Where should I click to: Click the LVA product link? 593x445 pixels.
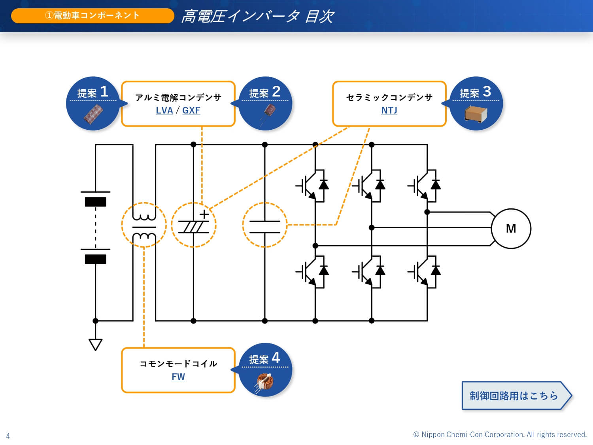tap(164, 110)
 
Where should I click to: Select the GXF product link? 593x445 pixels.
tap(191, 110)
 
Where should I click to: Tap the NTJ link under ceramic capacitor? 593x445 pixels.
tap(389, 110)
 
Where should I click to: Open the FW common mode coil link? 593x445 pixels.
tap(178, 377)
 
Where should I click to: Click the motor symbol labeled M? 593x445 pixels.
tap(511, 229)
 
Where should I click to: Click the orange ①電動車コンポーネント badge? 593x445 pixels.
tap(93, 16)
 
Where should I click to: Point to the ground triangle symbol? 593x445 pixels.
tap(96, 344)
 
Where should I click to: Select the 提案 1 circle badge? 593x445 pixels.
tap(93, 103)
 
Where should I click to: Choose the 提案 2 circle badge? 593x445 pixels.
tap(265, 103)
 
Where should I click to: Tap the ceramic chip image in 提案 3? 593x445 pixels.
tap(476, 114)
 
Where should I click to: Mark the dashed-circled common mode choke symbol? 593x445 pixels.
tap(144, 225)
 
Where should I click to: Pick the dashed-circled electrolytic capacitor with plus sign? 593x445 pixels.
tap(194, 225)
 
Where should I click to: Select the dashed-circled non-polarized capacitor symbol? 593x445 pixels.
tap(264, 225)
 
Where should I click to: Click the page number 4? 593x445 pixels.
tap(8, 436)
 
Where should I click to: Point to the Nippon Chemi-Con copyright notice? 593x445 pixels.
tap(500, 435)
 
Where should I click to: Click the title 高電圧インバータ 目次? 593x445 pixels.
tap(257, 17)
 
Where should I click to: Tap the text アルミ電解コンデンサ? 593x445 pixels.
tap(178, 97)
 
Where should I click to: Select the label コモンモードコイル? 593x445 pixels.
tap(178, 364)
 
